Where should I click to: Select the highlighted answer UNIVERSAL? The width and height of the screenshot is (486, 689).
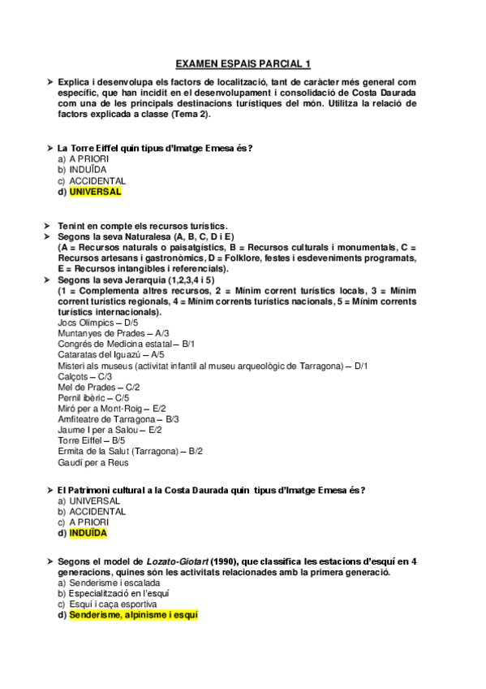coord(95,192)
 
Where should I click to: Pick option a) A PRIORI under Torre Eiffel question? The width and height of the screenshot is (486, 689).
coord(83,159)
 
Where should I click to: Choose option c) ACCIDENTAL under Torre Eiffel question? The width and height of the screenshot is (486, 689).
coord(91,180)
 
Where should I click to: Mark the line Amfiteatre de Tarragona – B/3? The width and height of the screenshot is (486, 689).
coord(118,418)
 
